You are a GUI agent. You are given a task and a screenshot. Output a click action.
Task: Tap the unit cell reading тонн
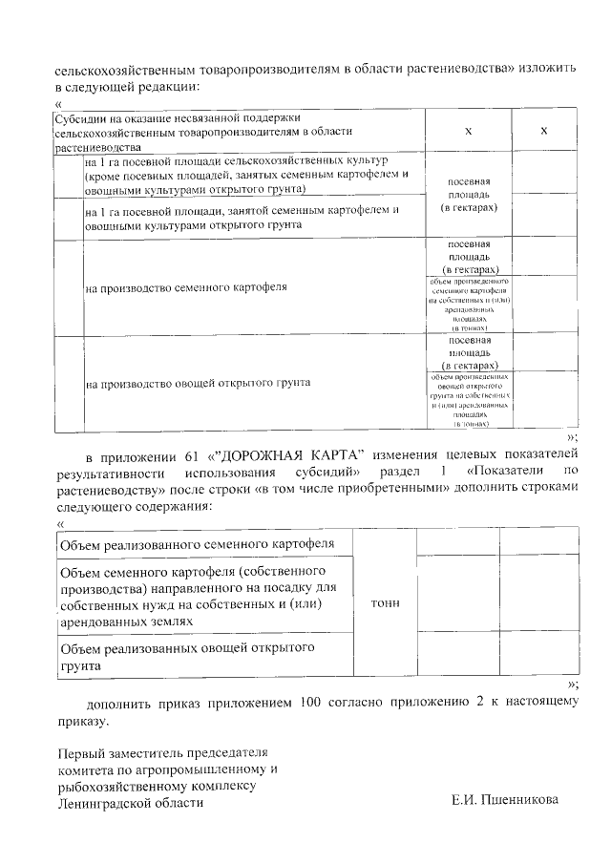pos(384,603)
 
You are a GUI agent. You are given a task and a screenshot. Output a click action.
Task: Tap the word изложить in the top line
pos(543,70)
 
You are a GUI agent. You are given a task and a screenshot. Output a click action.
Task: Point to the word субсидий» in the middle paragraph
pos(327,472)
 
